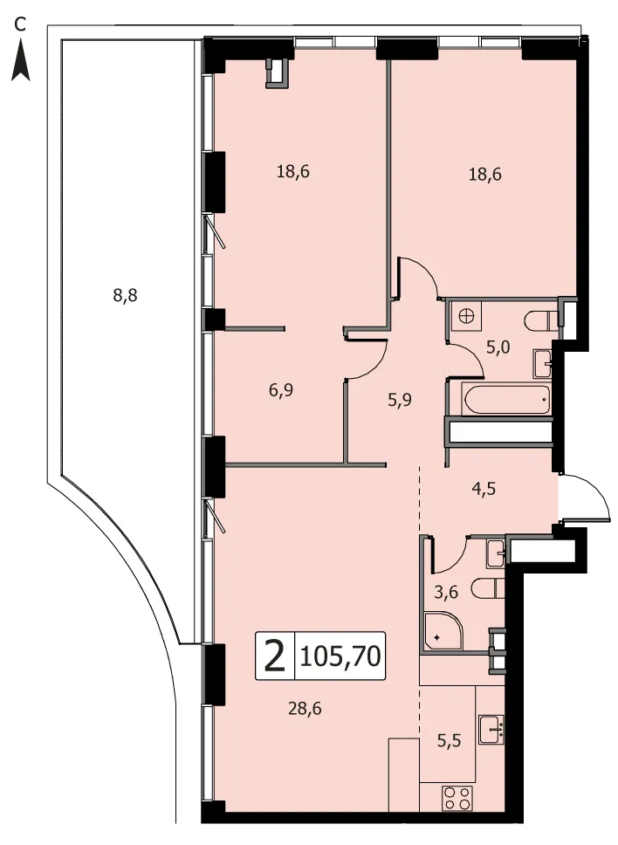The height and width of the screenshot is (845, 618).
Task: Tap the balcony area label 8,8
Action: pos(125,295)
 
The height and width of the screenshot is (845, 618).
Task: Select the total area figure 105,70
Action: pos(340,656)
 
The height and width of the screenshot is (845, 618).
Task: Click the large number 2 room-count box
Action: pos(275,656)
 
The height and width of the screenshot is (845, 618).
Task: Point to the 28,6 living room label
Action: pos(305,708)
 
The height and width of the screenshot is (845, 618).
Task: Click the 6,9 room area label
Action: pos(281,389)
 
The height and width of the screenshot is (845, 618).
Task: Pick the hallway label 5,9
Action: pos(400,400)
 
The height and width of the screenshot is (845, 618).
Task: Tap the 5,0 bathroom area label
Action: pos(498,347)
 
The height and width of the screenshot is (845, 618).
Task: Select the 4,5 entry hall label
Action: pos(484,489)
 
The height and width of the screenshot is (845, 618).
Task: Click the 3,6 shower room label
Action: pos(446,592)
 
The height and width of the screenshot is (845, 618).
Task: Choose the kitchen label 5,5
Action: pos(449,741)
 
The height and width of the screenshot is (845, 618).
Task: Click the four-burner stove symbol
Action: pos(457,798)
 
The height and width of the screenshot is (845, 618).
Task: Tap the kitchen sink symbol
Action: pos(491,730)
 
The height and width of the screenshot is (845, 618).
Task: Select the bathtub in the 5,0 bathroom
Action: pos(505,399)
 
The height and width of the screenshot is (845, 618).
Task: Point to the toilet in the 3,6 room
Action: pos(488,588)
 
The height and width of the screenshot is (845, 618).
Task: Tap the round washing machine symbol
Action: pos(466,315)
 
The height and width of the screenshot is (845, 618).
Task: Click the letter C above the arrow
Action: pos(20,24)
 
